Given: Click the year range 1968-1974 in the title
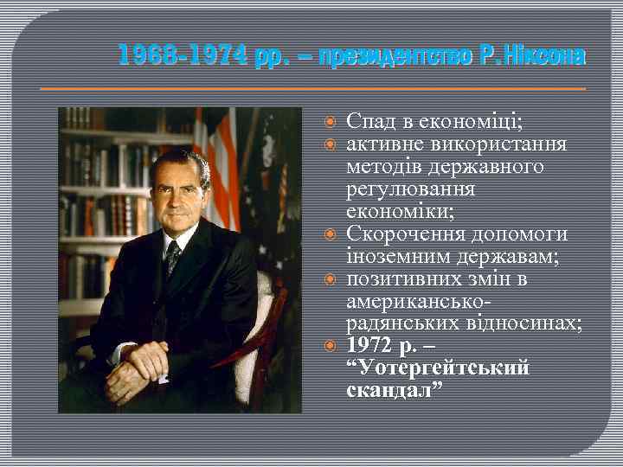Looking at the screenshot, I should click(x=183, y=57).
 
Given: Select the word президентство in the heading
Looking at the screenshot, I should click(x=395, y=57).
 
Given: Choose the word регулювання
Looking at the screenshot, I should click(x=404, y=189).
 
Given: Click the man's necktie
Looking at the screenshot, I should click(x=173, y=256).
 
